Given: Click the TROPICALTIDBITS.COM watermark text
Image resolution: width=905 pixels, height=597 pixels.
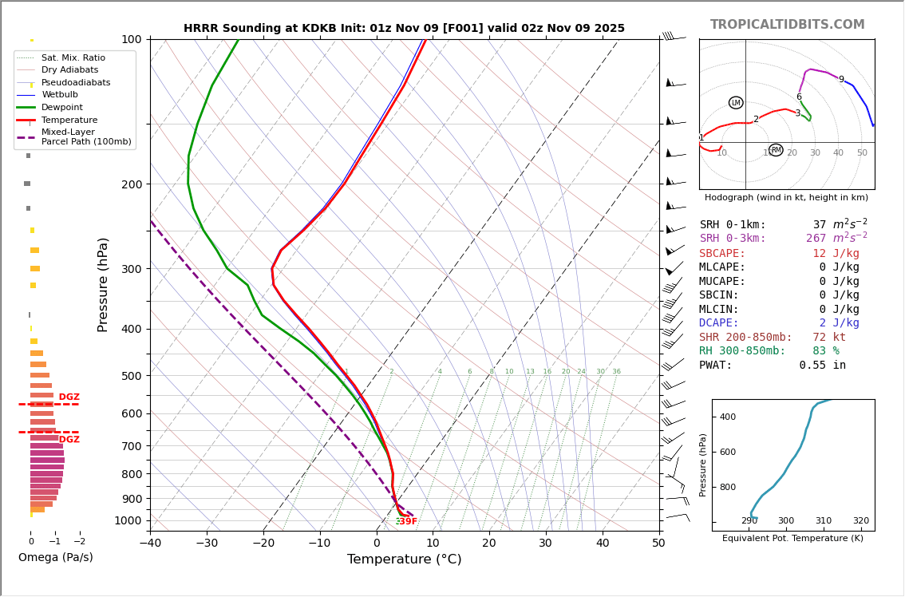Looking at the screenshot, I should [787, 25].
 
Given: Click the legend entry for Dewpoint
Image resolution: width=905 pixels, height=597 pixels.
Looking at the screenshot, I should [62, 108].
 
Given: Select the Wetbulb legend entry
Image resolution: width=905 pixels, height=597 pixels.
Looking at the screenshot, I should [61, 95].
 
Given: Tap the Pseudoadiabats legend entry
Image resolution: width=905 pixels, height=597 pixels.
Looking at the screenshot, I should [76, 83].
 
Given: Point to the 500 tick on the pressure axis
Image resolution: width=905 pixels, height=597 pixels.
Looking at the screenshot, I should [129, 376].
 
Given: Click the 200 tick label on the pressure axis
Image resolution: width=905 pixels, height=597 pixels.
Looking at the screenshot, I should [129, 184].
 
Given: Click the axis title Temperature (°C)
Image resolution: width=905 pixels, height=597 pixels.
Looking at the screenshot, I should [404, 560].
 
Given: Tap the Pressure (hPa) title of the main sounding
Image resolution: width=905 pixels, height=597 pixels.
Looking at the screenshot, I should [103, 284].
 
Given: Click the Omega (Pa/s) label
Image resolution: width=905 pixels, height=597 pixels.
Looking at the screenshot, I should [56, 558].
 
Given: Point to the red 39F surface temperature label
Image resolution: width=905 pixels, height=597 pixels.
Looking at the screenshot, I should [408, 522].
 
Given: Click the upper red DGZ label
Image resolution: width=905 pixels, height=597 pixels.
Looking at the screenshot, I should [69, 397].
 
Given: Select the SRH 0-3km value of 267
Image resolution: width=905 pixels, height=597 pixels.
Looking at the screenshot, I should [816, 239].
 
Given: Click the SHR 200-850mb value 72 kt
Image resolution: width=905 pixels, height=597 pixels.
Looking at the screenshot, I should [832, 338].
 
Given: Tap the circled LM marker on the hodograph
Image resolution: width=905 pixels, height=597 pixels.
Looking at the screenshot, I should [736, 103].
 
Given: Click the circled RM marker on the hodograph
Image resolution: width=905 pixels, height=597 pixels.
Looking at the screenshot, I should [776, 150].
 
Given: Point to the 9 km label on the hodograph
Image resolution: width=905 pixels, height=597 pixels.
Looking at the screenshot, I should [841, 80].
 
